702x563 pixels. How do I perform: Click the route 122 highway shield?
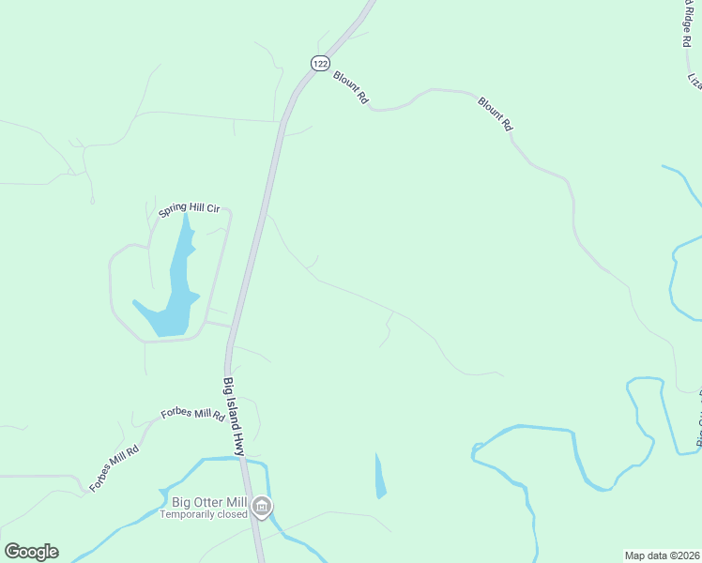pos(320,63)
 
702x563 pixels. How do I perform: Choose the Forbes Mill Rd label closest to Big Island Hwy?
pos(193,414)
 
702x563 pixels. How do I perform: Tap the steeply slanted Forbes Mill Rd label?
pos(114,468)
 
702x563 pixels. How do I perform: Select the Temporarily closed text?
pos(203,514)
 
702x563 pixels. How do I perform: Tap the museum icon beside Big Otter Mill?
pos(262,508)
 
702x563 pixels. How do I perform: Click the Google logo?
pos(31,552)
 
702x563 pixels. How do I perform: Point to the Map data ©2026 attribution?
pos(663,555)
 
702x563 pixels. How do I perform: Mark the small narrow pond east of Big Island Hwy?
pos(380,477)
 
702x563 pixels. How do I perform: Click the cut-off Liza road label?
pos(694,81)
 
